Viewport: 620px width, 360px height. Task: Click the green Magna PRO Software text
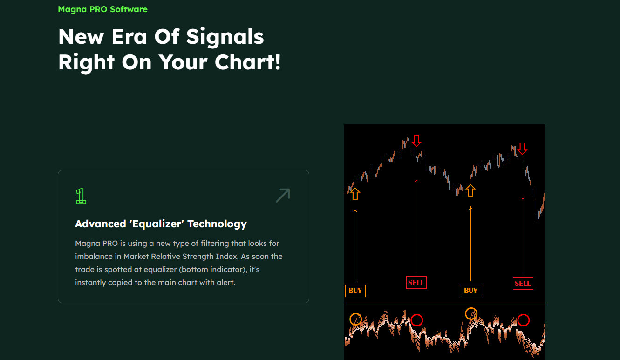click(102, 9)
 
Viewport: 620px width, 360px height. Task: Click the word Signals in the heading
click(225, 37)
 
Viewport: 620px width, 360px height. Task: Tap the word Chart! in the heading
click(248, 62)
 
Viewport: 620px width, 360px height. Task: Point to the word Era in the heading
click(129, 36)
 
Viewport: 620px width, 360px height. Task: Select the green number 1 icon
click(81, 196)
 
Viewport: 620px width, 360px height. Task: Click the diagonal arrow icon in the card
click(283, 195)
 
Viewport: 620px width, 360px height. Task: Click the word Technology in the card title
click(217, 224)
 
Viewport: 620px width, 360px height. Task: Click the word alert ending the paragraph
click(226, 283)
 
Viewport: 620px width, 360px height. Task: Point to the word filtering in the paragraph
click(215, 244)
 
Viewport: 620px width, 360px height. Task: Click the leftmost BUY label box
click(355, 291)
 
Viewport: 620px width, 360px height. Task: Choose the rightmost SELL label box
click(523, 283)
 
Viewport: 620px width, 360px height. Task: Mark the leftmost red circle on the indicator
click(416, 320)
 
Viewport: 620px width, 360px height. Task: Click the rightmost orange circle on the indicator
click(471, 313)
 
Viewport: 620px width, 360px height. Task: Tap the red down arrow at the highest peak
click(416, 141)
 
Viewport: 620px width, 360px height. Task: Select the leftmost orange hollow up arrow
click(355, 194)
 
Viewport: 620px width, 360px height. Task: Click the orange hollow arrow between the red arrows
click(470, 190)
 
